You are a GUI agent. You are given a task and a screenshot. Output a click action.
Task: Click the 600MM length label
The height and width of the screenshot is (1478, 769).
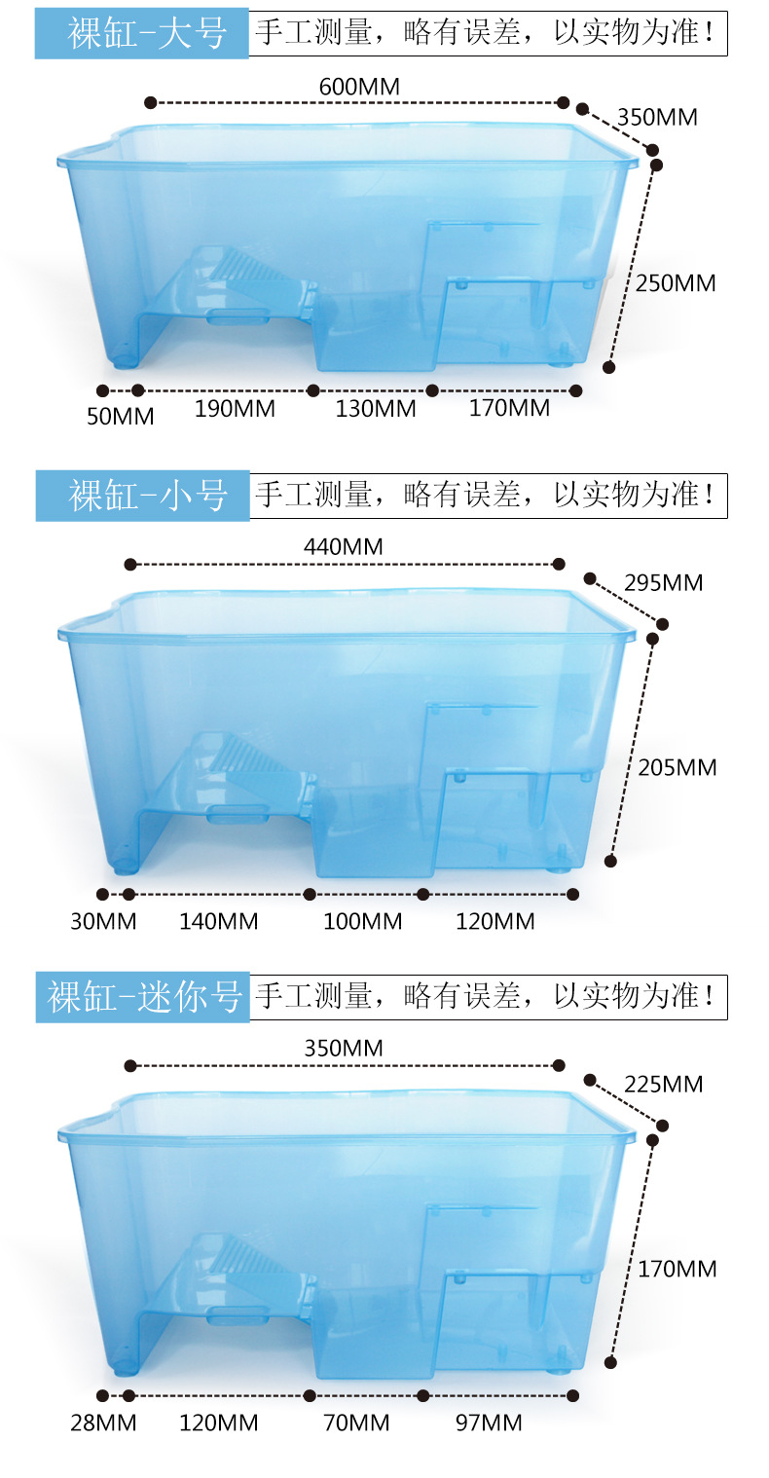359,87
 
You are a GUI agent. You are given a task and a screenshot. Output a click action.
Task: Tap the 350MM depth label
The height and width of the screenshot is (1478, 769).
657,118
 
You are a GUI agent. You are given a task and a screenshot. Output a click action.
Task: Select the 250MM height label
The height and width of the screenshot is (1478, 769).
676,283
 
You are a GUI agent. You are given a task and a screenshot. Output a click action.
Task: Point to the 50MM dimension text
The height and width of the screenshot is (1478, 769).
120,417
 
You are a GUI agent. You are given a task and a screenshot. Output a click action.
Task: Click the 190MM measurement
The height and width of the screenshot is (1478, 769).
235,409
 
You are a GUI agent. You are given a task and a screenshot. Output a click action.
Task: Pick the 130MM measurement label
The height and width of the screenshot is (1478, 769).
376,409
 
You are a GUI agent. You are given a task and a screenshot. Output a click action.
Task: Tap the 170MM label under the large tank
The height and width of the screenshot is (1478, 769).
509,408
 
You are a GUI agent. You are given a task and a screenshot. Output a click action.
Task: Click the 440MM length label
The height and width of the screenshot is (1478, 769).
343,547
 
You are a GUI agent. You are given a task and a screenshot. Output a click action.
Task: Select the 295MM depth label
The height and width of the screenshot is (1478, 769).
664,583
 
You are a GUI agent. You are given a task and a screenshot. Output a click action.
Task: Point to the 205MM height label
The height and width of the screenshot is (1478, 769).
677,768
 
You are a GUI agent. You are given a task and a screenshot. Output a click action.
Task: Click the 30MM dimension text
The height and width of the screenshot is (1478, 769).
103,921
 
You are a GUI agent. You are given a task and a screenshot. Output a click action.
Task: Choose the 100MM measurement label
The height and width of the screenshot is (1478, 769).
363,921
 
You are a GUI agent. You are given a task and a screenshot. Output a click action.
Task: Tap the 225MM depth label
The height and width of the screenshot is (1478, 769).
664,1085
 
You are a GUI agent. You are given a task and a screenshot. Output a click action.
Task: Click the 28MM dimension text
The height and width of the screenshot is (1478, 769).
103,1423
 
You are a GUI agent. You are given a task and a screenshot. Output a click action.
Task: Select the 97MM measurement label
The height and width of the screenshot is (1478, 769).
489,1423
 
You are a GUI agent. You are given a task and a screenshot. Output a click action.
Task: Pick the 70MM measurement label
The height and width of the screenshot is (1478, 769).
356,1423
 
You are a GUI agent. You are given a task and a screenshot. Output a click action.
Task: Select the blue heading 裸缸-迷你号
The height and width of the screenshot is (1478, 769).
142,997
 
